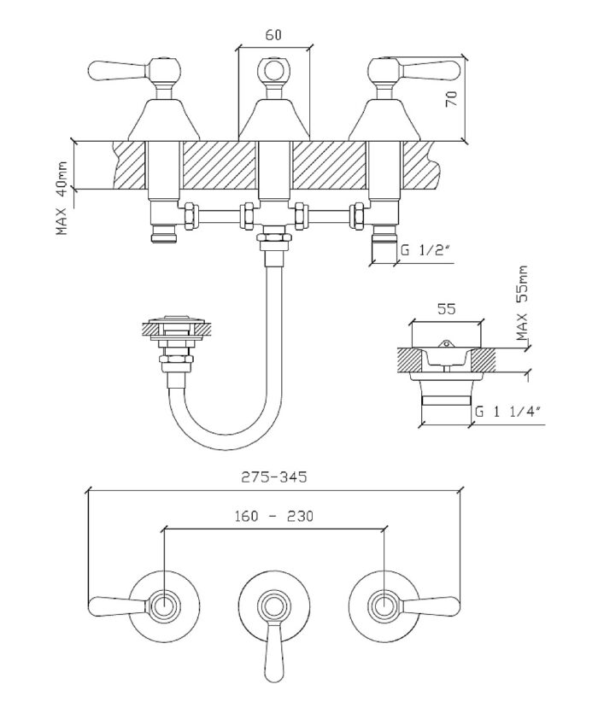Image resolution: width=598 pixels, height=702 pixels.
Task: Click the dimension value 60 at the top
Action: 273,35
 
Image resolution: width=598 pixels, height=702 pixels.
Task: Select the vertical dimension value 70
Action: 452,97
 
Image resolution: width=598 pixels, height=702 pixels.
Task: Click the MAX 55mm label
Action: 523,304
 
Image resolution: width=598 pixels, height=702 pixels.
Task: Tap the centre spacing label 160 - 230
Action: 273,517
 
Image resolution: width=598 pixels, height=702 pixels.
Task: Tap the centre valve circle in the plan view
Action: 273,607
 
